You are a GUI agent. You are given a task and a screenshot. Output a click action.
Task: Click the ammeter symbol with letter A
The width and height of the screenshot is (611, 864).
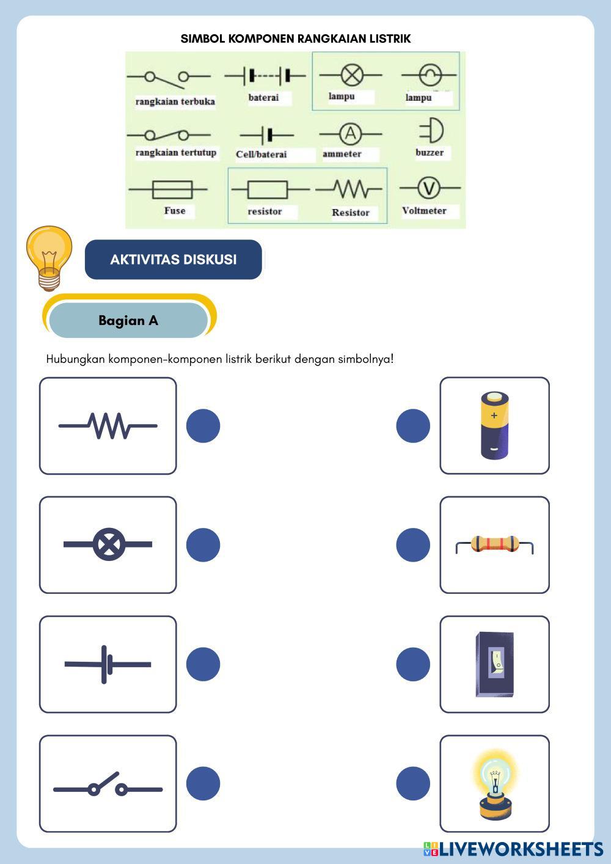coord(349,134)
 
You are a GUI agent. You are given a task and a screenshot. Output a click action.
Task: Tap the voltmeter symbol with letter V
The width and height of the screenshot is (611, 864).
coord(429,188)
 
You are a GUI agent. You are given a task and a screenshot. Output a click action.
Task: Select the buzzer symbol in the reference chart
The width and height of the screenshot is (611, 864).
coord(431,131)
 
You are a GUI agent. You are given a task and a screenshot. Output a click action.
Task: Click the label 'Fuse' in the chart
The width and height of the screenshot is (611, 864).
coord(175,211)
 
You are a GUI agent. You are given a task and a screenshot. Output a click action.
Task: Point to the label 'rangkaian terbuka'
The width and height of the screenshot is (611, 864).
coord(175,101)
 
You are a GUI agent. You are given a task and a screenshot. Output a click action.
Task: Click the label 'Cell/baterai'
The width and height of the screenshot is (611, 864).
coord(262,154)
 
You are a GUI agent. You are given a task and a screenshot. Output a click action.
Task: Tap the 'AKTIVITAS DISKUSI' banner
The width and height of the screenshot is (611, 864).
coord(174,260)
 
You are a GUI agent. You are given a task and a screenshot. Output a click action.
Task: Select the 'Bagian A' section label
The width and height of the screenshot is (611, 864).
coord(128,321)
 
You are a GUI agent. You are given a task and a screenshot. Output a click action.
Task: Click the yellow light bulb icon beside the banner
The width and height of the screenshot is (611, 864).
coord(49,257)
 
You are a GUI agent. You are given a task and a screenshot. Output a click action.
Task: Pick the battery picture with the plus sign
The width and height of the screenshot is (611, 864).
coord(494,425)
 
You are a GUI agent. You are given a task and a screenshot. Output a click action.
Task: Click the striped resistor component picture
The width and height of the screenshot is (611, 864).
coord(494,544)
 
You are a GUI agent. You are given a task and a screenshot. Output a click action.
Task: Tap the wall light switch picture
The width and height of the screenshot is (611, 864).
coord(494,664)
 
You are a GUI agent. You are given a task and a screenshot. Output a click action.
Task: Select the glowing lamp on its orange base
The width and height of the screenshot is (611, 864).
coord(494,783)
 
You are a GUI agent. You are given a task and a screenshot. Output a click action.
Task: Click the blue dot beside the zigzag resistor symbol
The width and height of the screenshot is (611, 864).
coord(203,426)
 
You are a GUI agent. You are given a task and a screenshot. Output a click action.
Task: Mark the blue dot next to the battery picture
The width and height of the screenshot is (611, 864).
coord(413,426)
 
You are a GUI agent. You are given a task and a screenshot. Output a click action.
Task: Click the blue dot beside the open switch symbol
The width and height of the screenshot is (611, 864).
coord(203,783)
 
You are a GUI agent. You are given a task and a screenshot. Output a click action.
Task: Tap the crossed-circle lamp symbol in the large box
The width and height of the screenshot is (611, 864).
coord(109,544)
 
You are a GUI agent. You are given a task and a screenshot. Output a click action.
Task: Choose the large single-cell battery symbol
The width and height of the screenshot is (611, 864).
coord(108,664)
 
